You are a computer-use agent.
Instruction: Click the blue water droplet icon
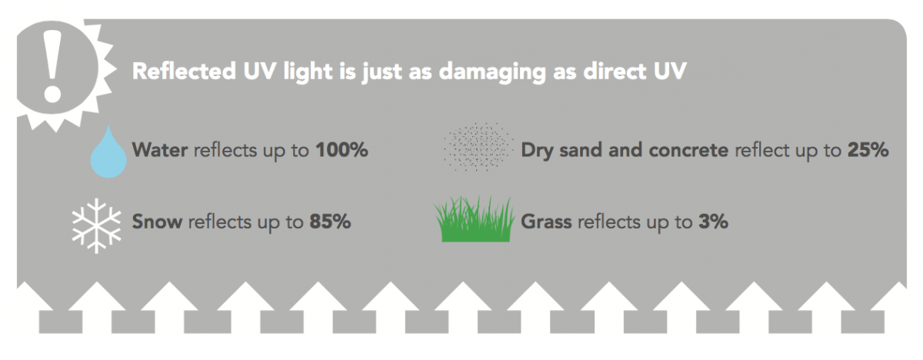click(108, 152)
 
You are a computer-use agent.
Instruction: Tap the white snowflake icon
click(96, 225)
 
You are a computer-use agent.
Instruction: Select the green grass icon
click(475, 219)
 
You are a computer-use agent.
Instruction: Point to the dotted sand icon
click(478, 147)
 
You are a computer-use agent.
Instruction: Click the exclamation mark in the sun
click(52, 67)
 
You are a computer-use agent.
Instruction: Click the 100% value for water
click(342, 149)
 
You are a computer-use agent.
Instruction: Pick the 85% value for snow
click(330, 222)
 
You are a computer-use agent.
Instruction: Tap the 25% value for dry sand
click(868, 149)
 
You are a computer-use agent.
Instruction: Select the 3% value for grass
click(713, 222)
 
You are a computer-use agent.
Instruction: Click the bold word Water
click(160, 149)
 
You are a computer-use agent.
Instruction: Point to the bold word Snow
click(157, 222)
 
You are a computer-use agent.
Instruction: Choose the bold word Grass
click(546, 222)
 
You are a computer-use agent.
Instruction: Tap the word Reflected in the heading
click(184, 71)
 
